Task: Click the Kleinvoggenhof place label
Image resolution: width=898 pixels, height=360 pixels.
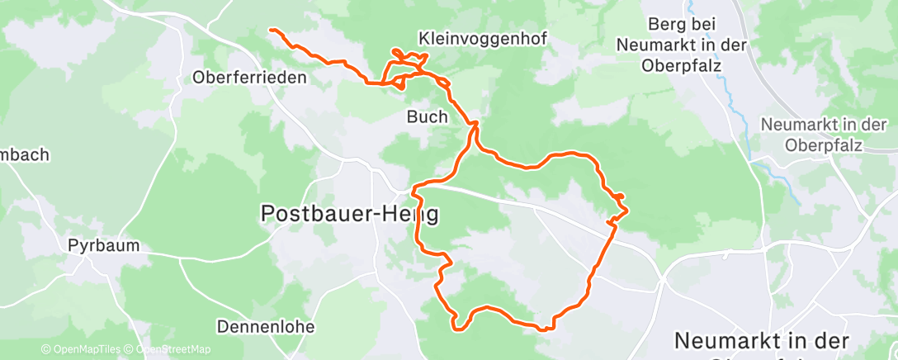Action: tap(483, 38)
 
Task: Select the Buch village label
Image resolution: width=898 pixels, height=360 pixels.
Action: tap(427, 116)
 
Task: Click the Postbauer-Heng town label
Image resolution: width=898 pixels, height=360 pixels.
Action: tap(349, 213)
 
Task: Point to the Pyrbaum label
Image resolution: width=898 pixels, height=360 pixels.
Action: tap(103, 245)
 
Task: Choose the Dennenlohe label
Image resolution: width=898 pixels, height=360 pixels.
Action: tap(266, 326)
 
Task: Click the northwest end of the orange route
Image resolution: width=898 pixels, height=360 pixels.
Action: tap(271, 31)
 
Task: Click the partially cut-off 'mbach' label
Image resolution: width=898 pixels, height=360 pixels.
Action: tap(25, 154)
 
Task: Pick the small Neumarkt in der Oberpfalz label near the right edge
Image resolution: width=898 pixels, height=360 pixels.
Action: tap(822, 135)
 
